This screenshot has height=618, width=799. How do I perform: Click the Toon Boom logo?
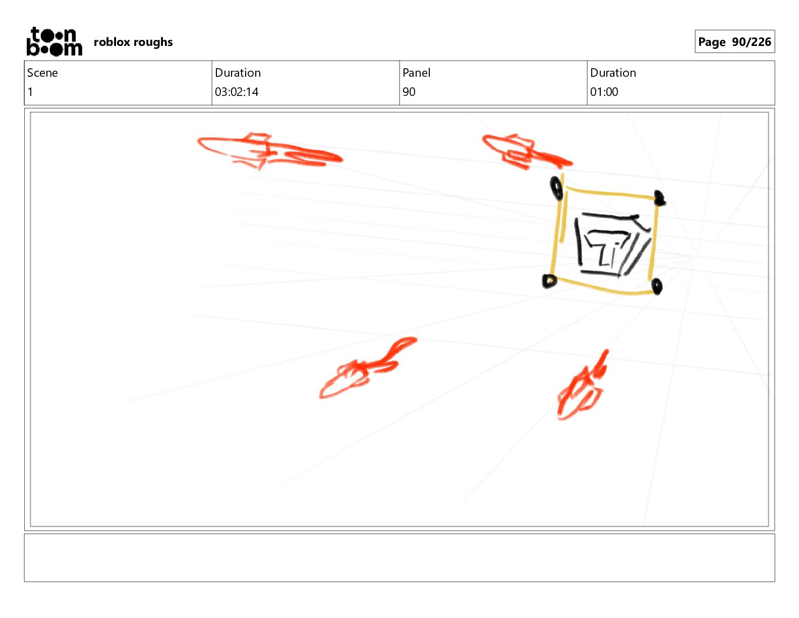(54, 41)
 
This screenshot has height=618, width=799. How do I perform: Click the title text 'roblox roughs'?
(133, 42)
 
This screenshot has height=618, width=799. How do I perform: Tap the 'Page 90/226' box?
(734, 41)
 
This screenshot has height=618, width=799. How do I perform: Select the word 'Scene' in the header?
(42, 73)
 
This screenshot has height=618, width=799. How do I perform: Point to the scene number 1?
(30, 92)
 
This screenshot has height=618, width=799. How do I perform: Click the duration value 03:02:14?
(237, 92)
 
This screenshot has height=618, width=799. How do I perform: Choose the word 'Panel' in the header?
(416, 73)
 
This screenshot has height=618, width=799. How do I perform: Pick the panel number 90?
(409, 92)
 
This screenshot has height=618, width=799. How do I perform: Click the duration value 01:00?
(604, 92)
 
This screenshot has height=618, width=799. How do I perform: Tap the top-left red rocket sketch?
(269, 151)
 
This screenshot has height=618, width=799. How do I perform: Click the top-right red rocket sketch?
(527, 151)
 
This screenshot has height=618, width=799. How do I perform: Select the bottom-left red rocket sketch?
(368, 368)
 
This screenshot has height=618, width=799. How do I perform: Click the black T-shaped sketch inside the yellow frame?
(612, 245)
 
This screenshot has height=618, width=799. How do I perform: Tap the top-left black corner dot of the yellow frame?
(556, 188)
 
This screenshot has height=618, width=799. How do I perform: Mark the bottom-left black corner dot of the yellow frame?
(549, 281)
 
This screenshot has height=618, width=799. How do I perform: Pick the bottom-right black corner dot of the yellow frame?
(656, 286)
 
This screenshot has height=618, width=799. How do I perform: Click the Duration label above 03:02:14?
(238, 73)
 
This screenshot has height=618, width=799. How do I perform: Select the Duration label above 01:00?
(613, 73)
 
